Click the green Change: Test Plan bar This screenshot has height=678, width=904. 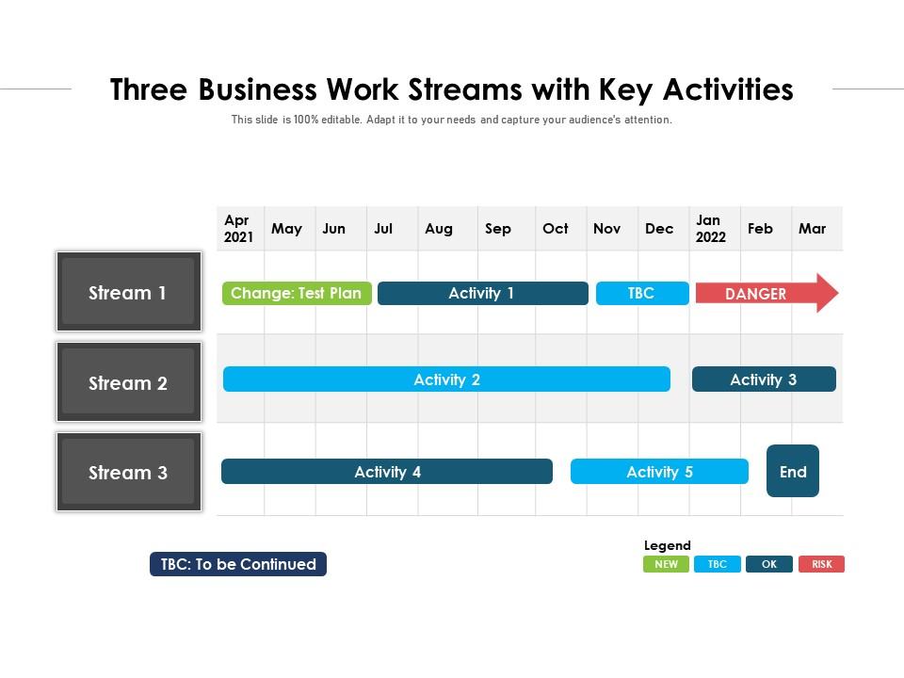[x=297, y=293]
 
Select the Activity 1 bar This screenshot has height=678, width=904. [x=482, y=293]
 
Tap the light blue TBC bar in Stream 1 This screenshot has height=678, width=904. [x=641, y=293]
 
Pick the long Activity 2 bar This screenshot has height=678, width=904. [x=446, y=379]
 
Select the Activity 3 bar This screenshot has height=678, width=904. [x=764, y=379]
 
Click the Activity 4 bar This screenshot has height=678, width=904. [x=387, y=472]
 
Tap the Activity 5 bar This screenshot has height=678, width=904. [x=659, y=472]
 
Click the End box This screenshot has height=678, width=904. [x=793, y=471]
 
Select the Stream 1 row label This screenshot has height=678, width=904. [x=128, y=292]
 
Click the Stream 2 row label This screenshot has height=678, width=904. [x=128, y=382]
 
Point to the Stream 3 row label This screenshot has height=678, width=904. [x=128, y=472]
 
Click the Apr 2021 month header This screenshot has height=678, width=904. [x=239, y=229]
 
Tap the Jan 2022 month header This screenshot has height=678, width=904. [x=711, y=229]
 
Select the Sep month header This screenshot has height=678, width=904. [x=498, y=229]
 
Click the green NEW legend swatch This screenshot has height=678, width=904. [x=666, y=564]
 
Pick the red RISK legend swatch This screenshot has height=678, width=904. [x=821, y=564]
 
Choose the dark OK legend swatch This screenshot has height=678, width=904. [x=769, y=564]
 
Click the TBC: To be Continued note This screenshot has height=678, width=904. [x=238, y=564]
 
